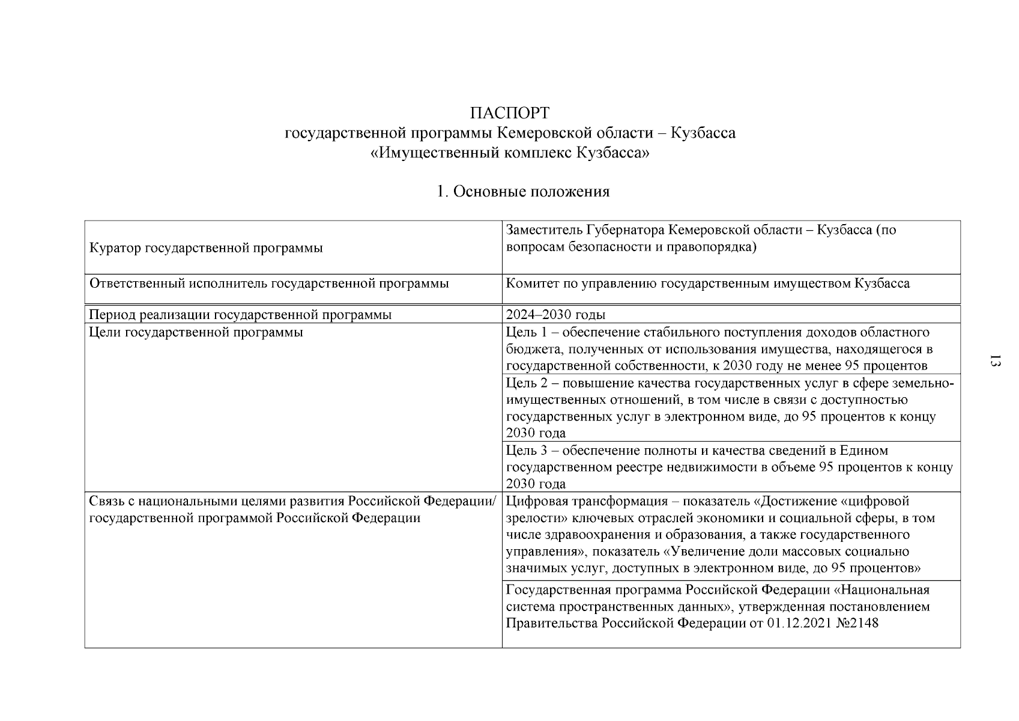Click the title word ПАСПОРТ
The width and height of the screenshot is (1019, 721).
(x=510, y=113)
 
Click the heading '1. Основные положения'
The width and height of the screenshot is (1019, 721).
(x=522, y=192)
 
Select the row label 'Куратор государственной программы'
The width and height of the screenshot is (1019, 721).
(x=206, y=248)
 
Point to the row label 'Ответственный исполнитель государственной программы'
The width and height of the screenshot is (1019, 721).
(x=269, y=284)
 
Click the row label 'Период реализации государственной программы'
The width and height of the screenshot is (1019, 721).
(x=240, y=315)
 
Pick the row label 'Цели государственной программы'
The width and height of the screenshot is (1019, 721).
(x=196, y=332)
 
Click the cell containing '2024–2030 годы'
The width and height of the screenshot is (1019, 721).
(x=555, y=315)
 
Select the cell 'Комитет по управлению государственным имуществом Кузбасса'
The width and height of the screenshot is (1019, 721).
(x=707, y=284)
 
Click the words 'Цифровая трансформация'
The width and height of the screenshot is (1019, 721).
(x=587, y=501)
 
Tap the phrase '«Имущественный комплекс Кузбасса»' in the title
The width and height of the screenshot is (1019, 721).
(x=510, y=153)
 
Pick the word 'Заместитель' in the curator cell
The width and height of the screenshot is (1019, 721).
(x=544, y=230)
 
